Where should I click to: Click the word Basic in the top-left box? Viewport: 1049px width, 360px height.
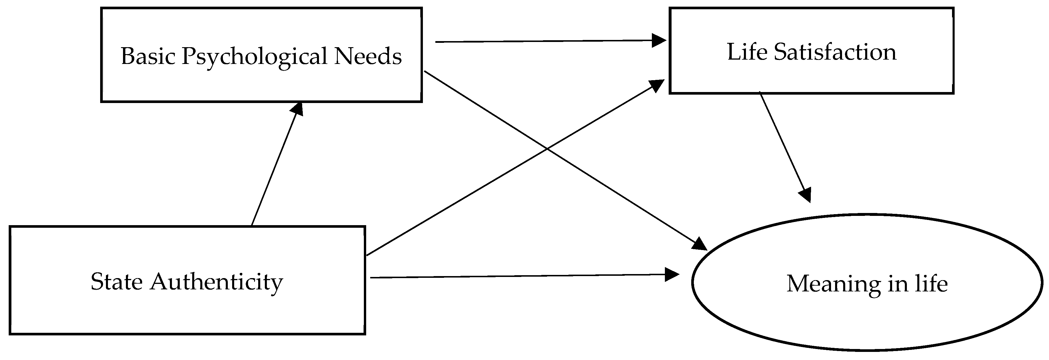(x=148, y=56)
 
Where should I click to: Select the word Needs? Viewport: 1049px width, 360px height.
(x=368, y=56)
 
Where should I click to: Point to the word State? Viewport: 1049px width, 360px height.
(x=116, y=282)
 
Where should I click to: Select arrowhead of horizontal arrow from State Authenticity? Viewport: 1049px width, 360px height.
(x=672, y=274)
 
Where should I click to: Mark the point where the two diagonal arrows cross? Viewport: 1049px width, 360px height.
(x=547, y=149)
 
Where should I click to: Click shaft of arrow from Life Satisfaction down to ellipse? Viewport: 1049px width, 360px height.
(x=782, y=143)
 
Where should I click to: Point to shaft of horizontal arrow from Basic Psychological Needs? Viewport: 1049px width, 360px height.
(x=542, y=41)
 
